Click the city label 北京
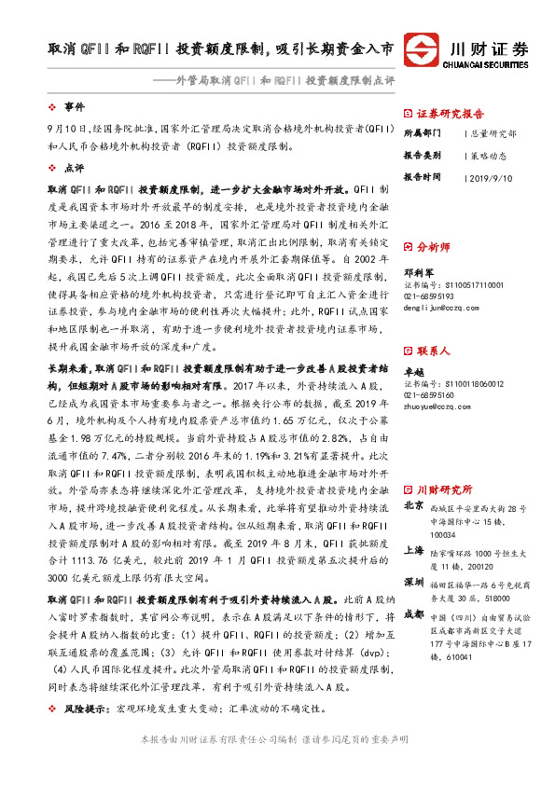(413, 506)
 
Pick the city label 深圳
(413, 581)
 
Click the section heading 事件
(74, 106)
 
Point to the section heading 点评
(74, 168)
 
